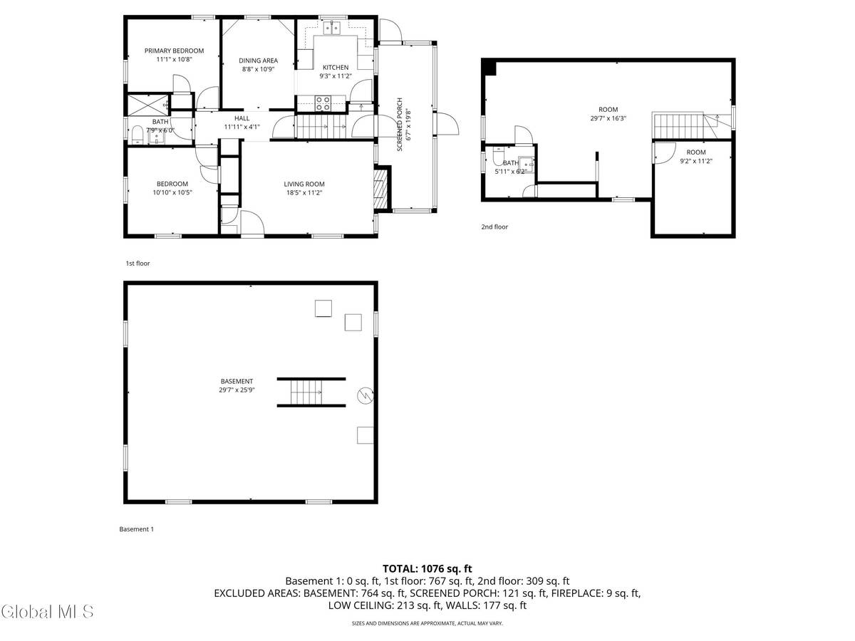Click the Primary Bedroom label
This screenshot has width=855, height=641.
tap(174, 51)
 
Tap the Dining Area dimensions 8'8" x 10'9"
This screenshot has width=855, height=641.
tap(257, 69)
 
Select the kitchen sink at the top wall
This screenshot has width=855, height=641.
tap(331, 28)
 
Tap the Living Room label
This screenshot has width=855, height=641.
tap(304, 184)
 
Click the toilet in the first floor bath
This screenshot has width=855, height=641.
tap(137, 134)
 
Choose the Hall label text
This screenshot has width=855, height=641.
tap(242, 118)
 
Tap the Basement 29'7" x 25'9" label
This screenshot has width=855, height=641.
tap(237, 382)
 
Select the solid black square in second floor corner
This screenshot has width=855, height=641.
tap(489, 66)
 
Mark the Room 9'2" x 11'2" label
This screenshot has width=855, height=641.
tap(695, 152)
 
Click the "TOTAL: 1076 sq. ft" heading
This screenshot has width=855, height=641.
tap(427, 568)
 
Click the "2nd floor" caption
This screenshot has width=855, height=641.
tap(494, 227)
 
